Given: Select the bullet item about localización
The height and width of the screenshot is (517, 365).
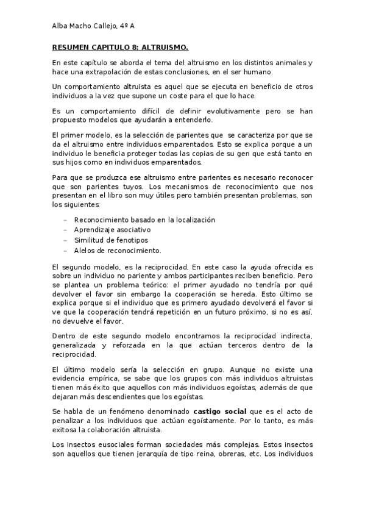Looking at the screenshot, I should [x=144, y=219].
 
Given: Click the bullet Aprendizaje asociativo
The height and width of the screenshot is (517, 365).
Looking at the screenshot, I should [x=112, y=230].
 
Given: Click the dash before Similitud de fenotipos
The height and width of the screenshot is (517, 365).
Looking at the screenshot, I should [x=65, y=240].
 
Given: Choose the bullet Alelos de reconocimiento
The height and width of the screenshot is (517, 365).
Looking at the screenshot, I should [x=117, y=251].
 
